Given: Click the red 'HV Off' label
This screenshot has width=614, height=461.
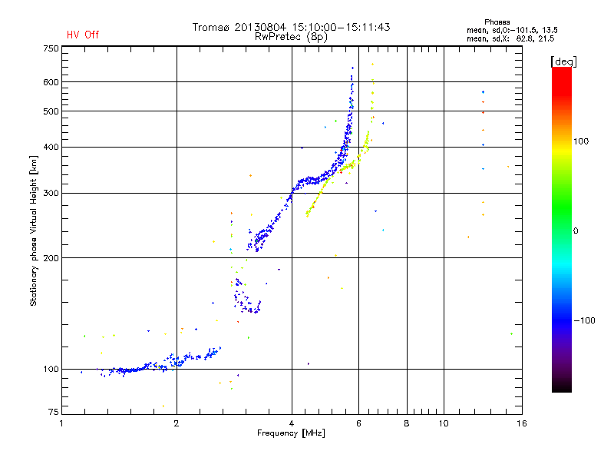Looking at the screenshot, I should coord(82,35).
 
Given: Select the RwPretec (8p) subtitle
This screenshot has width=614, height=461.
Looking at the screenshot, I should coord(291,36).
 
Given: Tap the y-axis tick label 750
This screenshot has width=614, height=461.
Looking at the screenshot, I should coord(51,48).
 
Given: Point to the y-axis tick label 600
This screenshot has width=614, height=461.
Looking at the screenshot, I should coord(51,82).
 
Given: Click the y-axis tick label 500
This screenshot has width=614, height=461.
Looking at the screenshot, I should coord(51,111).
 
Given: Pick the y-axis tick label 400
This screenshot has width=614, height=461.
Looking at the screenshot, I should coord(51,147).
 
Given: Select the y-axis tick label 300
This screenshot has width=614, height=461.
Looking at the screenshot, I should coord(51,193).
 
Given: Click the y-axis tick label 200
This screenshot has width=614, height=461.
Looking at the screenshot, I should coord(51,258).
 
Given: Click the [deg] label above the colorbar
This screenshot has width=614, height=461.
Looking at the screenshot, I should coord(564,61).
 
